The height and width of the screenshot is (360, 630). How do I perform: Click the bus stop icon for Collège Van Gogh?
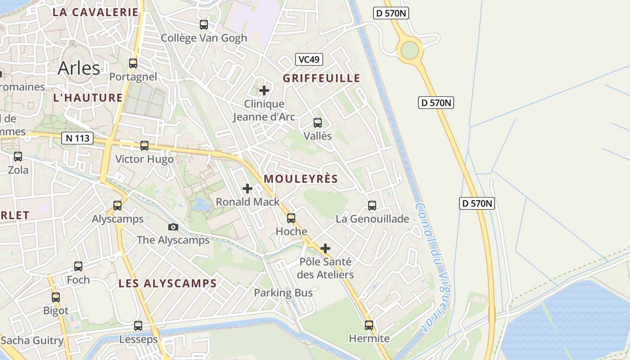(x=204, y=25)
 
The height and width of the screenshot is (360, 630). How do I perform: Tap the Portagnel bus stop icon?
(x=133, y=63)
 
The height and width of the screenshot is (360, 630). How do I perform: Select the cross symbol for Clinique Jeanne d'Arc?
(x=264, y=90)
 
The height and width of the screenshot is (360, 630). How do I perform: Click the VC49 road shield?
(x=309, y=59)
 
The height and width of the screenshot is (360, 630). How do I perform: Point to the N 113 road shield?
(x=77, y=138)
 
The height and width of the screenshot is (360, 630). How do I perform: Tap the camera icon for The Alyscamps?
(x=173, y=227)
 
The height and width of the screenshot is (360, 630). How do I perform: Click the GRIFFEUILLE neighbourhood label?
(x=321, y=78)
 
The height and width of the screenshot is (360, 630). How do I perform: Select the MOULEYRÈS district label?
(x=301, y=179)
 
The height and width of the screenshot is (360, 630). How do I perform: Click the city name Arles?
(x=79, y=68)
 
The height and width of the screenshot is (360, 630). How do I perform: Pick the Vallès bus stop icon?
(x=318, y=123)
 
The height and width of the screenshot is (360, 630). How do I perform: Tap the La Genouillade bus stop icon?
(x=372, y=206)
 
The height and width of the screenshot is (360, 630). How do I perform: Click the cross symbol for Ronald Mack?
(x=247, y=189)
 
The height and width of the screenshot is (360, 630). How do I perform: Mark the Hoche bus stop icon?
(x=291, y=218)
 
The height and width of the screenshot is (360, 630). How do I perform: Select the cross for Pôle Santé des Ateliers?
(x=325, y=248)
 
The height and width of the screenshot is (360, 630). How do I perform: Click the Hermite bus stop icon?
(x=369, y=325)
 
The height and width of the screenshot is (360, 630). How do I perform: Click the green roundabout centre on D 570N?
(x=409, y=50)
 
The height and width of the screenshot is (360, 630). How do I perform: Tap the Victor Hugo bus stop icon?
(x=144, y=146)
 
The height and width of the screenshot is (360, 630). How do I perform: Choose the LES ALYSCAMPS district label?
(x=167, y=283)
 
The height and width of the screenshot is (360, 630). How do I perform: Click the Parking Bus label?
(x=283, y=293)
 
